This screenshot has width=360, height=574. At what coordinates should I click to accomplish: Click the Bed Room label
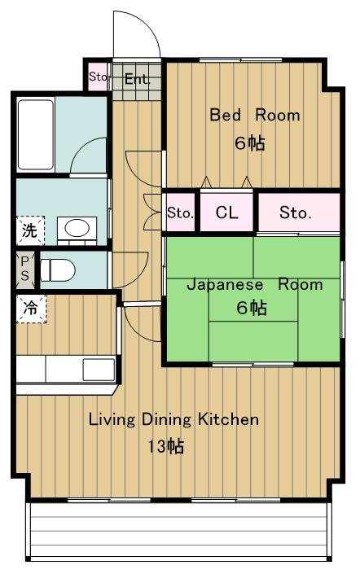(254, 115)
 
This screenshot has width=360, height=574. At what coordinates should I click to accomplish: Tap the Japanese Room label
(254, 285)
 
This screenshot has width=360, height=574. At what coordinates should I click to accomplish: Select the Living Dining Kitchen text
(173, 420)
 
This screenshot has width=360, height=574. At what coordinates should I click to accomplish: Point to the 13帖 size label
(165, 446)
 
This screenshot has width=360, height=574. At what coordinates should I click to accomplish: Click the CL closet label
(227, 213)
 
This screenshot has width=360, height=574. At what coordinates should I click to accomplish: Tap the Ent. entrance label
(137, 79)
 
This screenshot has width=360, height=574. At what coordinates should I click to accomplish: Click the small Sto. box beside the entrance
(98, 78)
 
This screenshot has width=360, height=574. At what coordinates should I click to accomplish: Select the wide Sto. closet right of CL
(296, 213)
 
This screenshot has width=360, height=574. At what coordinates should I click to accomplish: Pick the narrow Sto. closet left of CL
(180, 213)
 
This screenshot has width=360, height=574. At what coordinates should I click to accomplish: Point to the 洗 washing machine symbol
(29, 230)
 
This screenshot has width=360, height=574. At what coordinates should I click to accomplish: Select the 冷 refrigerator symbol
(29, 309)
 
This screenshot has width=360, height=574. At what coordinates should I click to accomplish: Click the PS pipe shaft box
(24, 269)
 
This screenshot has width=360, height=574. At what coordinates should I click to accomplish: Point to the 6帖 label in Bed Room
(249, 143)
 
